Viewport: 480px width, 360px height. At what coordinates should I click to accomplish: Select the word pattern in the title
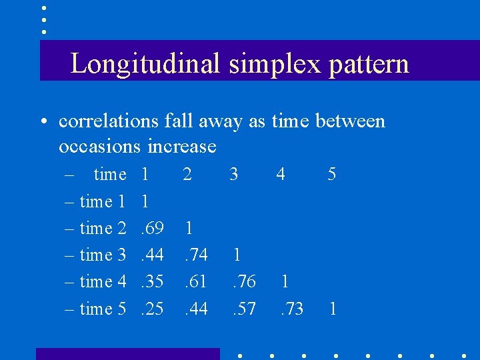tap(369, 63)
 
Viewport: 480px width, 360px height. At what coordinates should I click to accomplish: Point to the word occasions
tap(100, 146)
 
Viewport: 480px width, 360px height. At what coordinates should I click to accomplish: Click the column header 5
tap(331, 175)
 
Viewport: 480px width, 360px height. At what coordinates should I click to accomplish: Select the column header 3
tap(233, 175)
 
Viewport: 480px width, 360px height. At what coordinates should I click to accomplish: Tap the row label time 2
tap(103, 228)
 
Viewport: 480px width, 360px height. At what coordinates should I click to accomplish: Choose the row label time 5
tap(103, 309)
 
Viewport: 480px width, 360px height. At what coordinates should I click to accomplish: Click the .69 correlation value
tap(152, 228)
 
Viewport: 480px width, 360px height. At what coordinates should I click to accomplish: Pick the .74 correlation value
tap(196, 255)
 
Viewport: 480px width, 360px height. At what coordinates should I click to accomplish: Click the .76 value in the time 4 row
tap(244, 282)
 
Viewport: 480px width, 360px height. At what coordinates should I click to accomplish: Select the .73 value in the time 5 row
tap(291, 309)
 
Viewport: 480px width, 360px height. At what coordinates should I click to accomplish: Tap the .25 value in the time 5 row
tap(152, 309)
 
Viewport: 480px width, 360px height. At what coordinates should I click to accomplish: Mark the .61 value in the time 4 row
tap(196, 282)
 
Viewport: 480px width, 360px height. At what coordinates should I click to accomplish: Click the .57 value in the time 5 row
tap(244, 309)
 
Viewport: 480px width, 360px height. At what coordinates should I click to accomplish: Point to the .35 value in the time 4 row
tap(152, 282)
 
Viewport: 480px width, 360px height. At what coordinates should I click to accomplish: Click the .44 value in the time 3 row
tap(152, 255)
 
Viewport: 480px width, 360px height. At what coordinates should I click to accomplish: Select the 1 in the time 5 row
tap(333, 309)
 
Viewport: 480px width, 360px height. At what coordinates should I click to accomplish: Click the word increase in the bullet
tap(183, 146)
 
